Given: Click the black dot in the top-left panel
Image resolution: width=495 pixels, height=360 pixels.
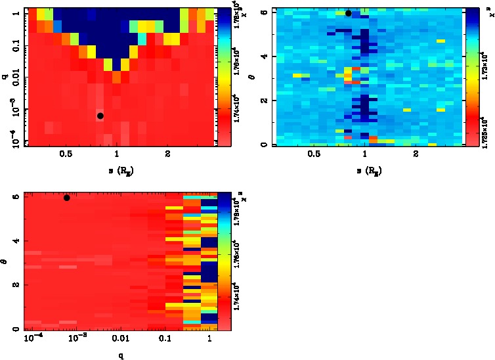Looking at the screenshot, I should [100, 116].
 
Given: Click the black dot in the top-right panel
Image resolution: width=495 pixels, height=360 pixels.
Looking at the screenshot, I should [349, 12].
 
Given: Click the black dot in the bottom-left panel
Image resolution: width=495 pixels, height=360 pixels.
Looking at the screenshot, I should [67, 198].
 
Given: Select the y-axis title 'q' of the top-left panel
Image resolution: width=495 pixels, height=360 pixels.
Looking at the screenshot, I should [5, 77].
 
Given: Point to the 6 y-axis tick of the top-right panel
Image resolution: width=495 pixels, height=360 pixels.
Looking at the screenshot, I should [262, 12].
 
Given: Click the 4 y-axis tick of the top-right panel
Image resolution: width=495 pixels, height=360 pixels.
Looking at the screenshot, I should [262, 56].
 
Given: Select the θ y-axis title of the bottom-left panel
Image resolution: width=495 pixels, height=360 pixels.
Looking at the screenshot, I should [6, 261].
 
